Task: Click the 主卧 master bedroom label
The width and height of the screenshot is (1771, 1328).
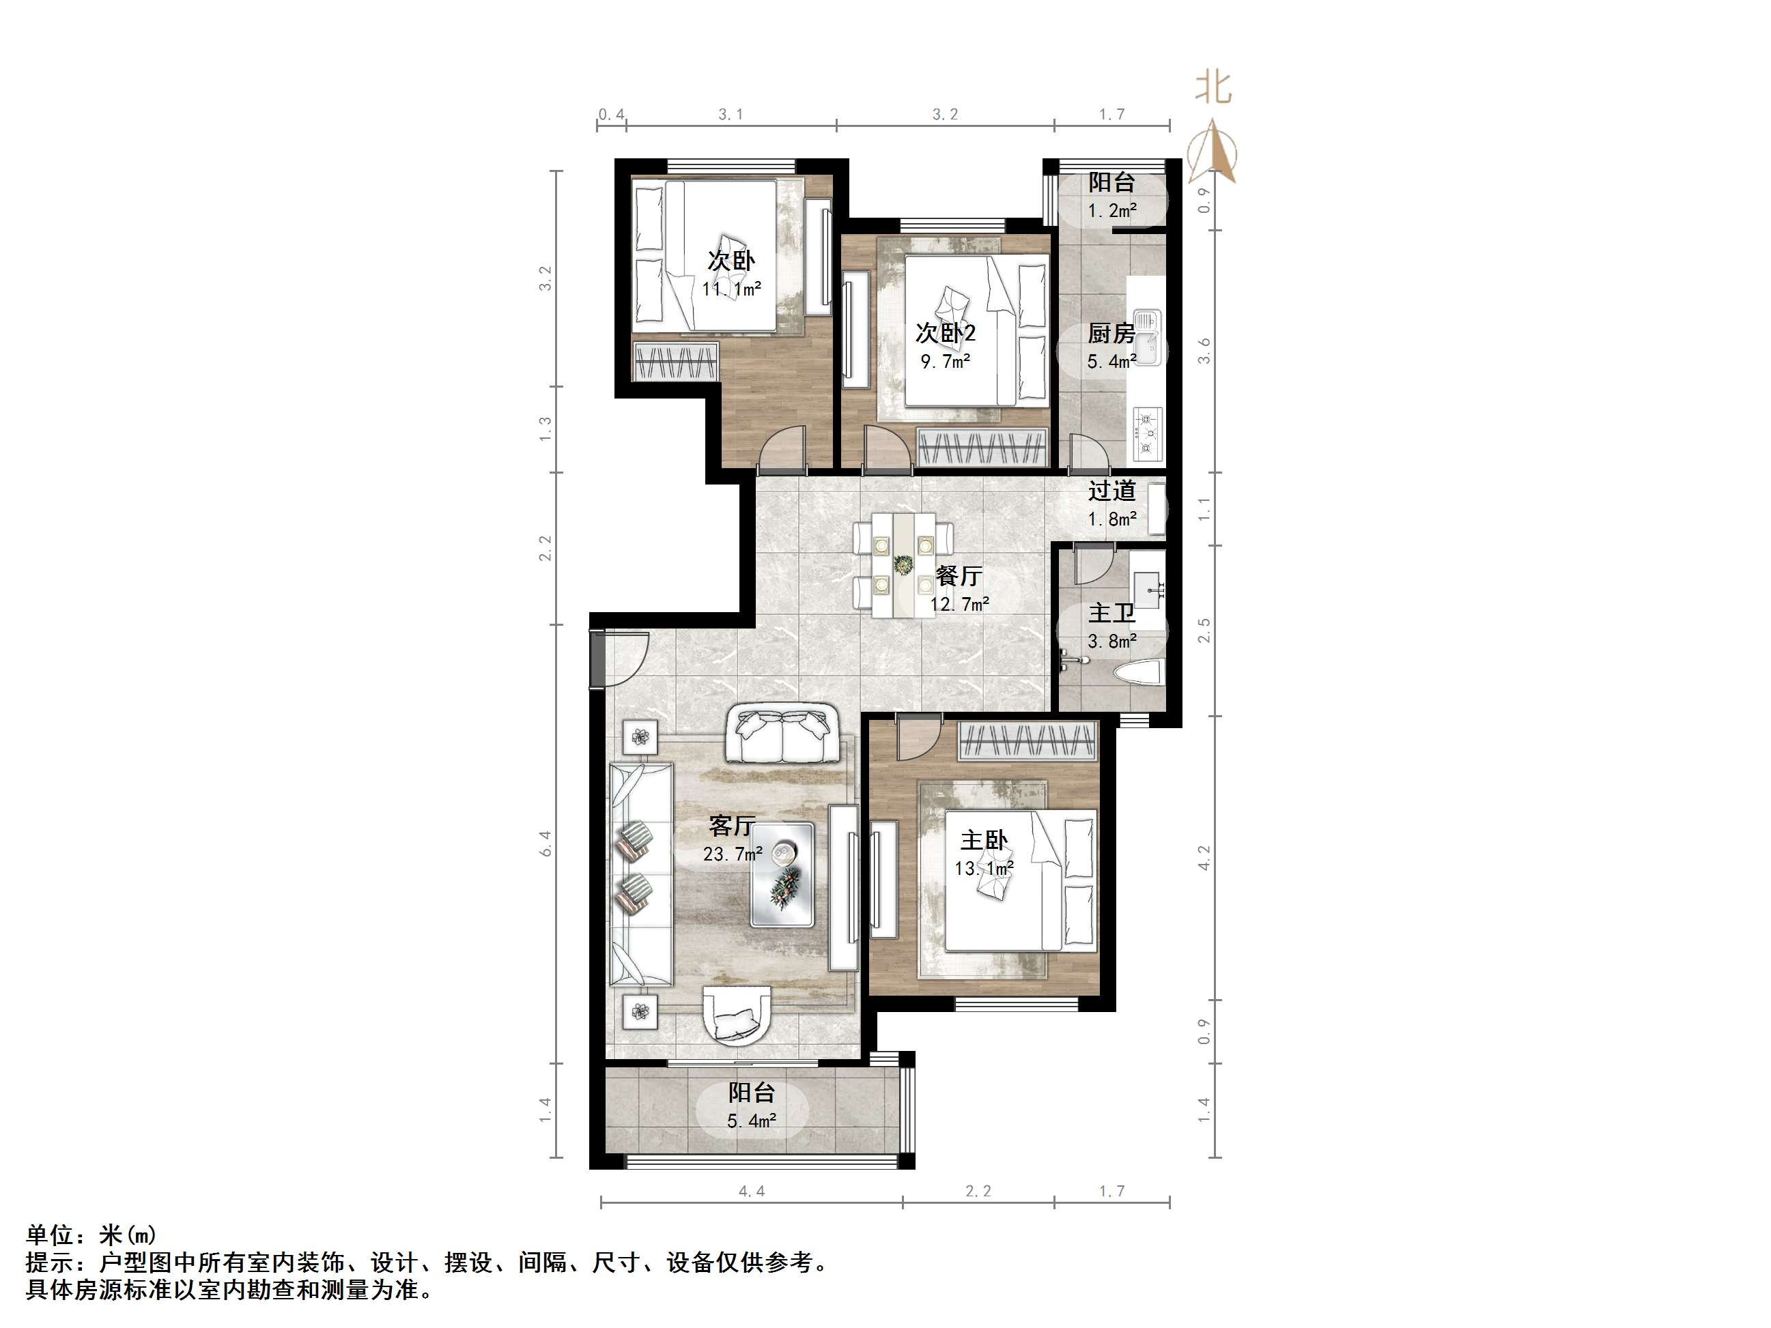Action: (983, 841)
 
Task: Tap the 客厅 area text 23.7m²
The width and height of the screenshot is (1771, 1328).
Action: (732, 854)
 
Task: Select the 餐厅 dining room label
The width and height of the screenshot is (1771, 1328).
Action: (959, 575)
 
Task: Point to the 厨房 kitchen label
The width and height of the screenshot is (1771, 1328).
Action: (1111, 333)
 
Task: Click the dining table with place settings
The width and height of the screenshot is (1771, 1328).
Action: (903, 564)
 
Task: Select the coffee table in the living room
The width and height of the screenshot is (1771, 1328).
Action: (782, 874)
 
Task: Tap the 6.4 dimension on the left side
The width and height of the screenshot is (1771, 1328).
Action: (546, 843)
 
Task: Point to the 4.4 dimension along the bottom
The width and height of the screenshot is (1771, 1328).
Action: (751, 1191)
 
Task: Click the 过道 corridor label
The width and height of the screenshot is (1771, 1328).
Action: (1111, 490)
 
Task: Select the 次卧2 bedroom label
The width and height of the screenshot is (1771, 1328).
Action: (946, 332)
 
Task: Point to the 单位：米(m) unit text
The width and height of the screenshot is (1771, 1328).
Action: (91, 1235)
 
